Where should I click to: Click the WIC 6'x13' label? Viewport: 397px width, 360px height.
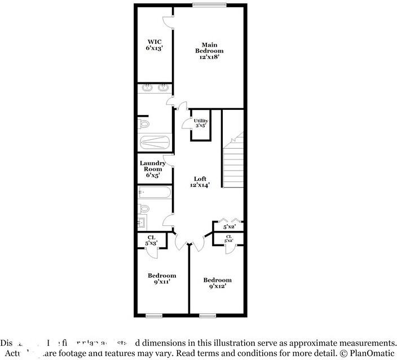[155, 45]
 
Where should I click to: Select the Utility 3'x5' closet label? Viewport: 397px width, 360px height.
[201, 123]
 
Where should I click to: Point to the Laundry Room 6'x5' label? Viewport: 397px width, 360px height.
[153, 169]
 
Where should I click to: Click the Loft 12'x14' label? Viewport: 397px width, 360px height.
[200, 181]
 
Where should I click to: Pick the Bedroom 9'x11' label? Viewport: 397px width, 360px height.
[162, 279]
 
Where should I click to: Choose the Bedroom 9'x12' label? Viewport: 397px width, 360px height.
[217, 283]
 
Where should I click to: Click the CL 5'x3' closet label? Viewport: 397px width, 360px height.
[152, 241]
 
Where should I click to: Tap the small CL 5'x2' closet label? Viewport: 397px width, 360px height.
[229, 239]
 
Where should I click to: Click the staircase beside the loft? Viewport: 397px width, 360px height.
[233, 163]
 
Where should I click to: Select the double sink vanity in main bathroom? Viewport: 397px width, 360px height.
[155, 87]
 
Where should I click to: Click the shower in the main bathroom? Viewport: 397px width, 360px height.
[155, 143]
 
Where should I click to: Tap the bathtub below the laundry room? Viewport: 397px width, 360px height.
[155, 193]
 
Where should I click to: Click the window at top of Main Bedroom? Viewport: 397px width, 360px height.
[209, 5]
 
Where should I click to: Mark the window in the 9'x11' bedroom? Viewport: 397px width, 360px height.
[154, 315]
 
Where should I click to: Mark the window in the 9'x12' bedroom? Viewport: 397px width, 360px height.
[208, 315]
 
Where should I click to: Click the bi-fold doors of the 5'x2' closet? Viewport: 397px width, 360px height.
[229, 220]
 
